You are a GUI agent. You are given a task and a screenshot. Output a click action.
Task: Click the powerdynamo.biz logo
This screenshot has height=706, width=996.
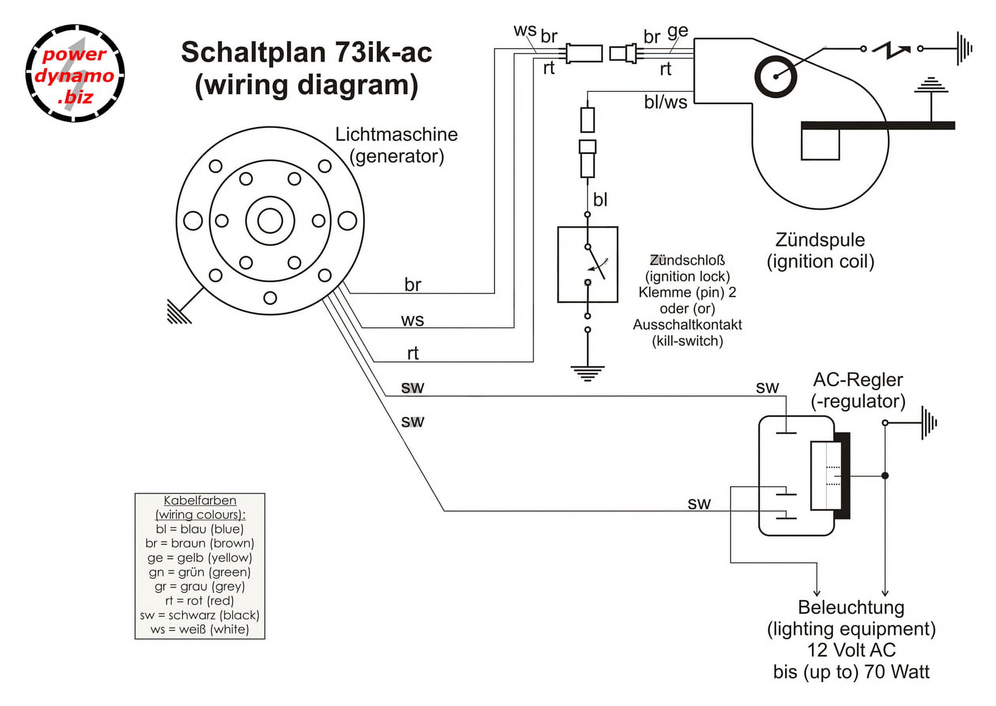pos(75,74)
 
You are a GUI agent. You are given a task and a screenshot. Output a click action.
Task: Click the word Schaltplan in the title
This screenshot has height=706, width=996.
pos(253,53)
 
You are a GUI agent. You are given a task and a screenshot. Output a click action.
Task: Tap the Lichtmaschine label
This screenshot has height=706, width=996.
pos(396,135)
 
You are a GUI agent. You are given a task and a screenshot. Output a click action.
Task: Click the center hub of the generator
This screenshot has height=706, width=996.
pos(270,221)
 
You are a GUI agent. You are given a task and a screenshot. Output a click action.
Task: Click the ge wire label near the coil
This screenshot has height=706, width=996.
pos(677,31)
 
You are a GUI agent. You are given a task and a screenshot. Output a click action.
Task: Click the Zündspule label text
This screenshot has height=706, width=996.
pos(820,240)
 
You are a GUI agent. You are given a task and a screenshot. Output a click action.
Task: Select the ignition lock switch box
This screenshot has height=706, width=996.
pos(587,264)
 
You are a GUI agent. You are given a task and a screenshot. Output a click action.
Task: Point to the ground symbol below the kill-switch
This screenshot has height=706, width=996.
pos(587,373)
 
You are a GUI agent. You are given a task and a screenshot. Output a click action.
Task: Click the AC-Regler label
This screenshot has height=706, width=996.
pos(857,380)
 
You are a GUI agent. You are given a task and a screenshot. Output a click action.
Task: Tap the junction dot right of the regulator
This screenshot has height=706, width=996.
pos(885,476)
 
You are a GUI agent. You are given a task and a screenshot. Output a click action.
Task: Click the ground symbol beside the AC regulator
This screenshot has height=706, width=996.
pos(928,423)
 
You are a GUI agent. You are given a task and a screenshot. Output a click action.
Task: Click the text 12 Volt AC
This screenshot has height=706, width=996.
pos(851,650)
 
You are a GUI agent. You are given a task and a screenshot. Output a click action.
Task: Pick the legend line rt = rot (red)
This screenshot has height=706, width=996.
pos(200,601)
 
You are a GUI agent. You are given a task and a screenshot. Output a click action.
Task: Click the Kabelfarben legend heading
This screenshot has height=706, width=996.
pos(200,501)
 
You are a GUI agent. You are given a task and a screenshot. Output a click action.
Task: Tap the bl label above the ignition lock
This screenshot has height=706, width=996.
pos(600,200)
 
